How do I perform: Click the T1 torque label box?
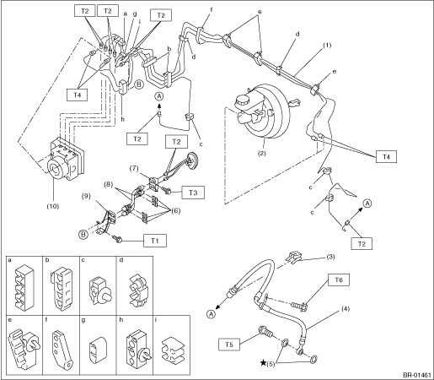coord(155,241)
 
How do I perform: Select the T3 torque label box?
coord(193,193)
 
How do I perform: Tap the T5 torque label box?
coord(229,345)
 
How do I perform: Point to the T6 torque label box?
coord(339,280)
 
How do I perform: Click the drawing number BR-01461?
coord(417,375)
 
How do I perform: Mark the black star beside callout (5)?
coord(263,362)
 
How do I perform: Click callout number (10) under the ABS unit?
coord(53,206)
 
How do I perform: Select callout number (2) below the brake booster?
coord(261,154)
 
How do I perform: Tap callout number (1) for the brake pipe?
coord(327,45)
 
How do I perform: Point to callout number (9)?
coord(86,196)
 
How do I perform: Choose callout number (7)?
coord(134,168)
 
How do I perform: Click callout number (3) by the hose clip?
coord(330,257)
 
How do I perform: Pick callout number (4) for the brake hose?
coord(346,309)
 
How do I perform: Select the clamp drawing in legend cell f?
coord(63,349)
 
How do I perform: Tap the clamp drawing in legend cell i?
coord(173,349)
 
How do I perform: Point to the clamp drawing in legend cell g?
coord(99,349)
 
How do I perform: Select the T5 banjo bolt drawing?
coord(265,331)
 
